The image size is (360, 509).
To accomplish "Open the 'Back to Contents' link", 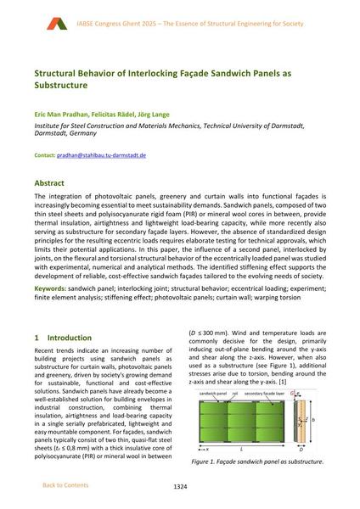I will coord(66,485).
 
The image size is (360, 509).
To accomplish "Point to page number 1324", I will coord(179,486).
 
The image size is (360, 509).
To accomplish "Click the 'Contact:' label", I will coord(44,156).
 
